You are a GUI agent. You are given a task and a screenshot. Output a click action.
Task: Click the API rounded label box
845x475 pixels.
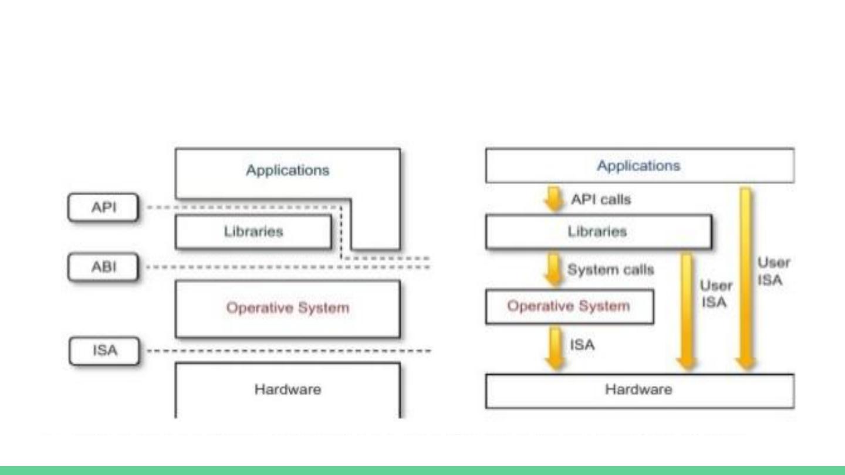(103, 208)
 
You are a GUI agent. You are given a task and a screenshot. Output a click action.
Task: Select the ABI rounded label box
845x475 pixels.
(103, 267)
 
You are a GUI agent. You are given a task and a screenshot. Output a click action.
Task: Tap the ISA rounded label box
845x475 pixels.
(104, 351)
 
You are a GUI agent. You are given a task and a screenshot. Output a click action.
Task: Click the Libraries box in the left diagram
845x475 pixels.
(253, 232)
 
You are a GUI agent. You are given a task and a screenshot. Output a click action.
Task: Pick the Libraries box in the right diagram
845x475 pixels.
(599, 232)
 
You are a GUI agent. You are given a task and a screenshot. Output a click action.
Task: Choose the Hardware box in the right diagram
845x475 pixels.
(640, 391)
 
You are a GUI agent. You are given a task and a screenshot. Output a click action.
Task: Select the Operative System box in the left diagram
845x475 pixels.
(288, 308)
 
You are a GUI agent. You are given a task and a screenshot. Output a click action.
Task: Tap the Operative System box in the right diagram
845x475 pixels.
(570, 307)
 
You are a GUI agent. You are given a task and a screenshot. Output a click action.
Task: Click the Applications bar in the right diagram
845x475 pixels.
(640, 165)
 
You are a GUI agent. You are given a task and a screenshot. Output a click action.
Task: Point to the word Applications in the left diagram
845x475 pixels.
(288, 171)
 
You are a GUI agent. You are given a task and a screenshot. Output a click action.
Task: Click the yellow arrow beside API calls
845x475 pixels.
(554, 199)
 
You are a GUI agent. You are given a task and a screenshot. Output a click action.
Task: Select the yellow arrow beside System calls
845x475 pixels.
(554, 269)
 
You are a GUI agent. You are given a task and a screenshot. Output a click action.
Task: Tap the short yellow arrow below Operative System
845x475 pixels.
(555, 349)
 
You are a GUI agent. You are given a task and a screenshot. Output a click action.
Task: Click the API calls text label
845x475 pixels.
(601, 199)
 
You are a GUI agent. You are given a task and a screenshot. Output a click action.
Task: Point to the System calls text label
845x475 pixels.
(611, 270)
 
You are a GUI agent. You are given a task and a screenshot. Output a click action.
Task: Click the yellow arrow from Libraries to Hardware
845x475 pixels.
(687, 311)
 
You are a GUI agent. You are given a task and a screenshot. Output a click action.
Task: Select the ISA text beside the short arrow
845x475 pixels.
(582, 345)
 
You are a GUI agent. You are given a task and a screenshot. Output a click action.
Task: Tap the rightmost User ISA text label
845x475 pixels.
(773, 272)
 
